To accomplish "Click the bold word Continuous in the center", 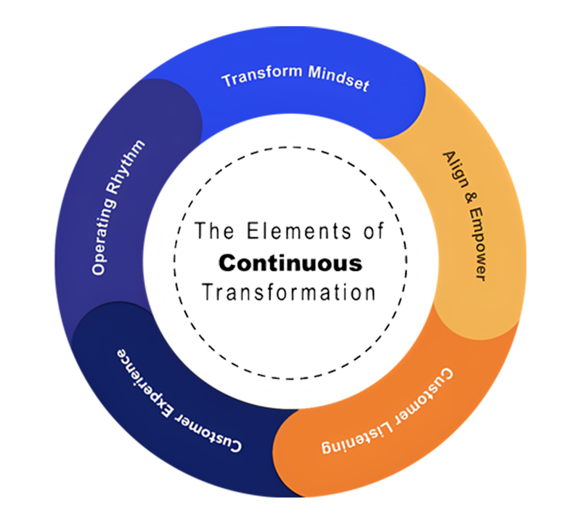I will (290, 261).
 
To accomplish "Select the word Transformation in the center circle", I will (290, 292).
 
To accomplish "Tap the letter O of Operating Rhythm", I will (97, 268).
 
